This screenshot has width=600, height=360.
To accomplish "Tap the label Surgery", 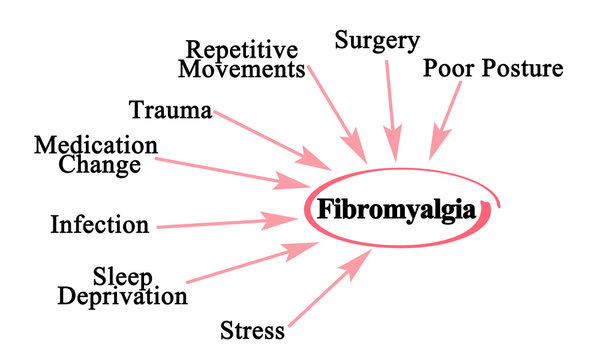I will click(376, 42).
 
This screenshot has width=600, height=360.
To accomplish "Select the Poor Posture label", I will click(493, 69).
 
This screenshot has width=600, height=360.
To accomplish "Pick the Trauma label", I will click(170, 110).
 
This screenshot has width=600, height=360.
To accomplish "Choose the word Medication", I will click(96, 146).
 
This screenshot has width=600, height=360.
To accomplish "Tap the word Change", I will click(99, 165).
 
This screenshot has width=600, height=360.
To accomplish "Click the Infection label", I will click(99, 223).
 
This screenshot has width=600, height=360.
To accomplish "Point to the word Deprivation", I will click(122, 296).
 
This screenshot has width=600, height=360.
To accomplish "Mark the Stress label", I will click(252, 329).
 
